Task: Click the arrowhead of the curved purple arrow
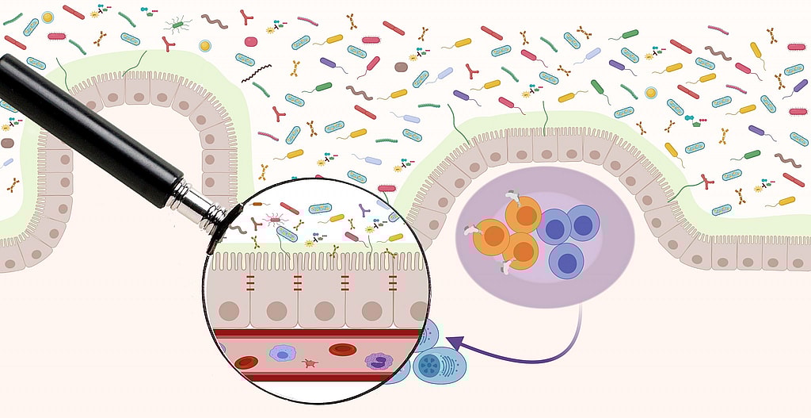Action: (452, 341)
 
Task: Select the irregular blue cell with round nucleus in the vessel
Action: (283, 352)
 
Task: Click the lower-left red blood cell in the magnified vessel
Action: (246, 363)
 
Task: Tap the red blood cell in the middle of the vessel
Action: (341, 349)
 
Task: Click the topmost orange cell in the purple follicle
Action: (523, 216)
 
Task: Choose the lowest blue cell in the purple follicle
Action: (567, 260)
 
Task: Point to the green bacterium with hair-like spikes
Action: (177, 25)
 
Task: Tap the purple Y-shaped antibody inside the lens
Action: (364, 210)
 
